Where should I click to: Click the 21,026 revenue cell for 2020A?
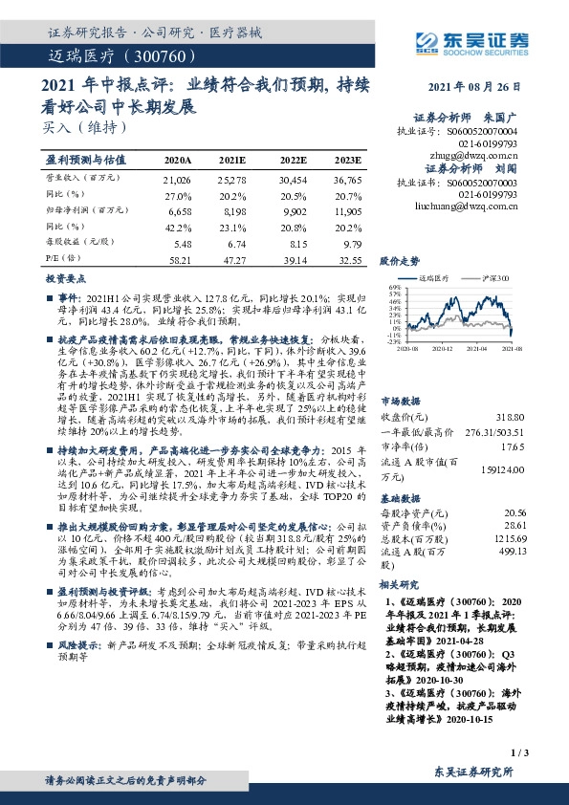178,179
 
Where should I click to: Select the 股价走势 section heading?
400,260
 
